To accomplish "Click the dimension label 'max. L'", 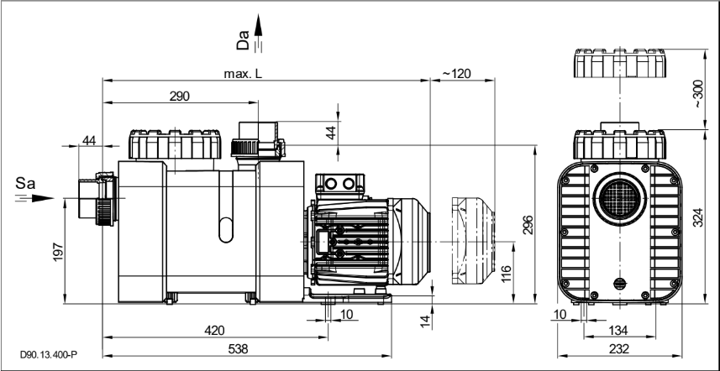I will [x=243, y=75].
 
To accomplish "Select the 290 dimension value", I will [x=179, y=97].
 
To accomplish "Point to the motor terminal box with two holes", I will [x=338, y=184].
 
